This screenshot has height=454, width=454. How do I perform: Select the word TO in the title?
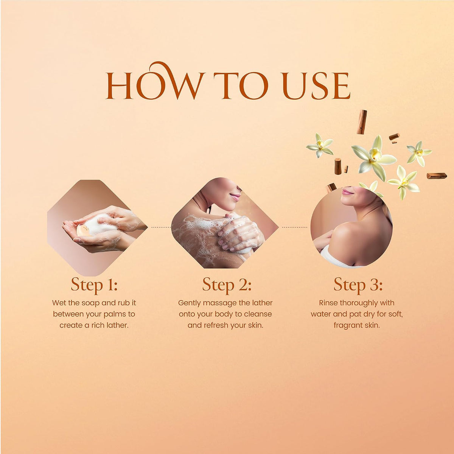[241, 85]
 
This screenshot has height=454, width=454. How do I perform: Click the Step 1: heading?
[94, 285]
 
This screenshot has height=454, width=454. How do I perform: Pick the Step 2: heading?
[227, 285]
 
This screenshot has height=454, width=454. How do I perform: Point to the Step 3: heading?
[358, 285]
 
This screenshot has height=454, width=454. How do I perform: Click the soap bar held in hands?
[84, 230]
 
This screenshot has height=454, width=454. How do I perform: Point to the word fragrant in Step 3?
[348, 326]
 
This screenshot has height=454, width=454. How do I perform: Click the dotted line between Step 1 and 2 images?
[161, 227]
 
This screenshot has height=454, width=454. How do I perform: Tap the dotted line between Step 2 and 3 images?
[294, 227]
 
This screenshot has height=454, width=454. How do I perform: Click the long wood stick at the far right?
[437, 176]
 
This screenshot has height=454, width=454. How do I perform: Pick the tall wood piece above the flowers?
[362, 122]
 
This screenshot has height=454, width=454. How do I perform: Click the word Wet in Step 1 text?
[59, 303]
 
